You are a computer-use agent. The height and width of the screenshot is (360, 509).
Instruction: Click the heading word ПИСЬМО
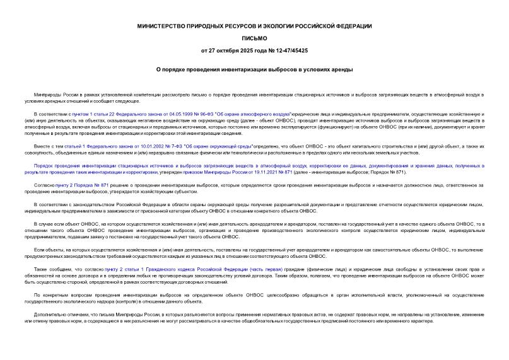[x=254, y=38]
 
